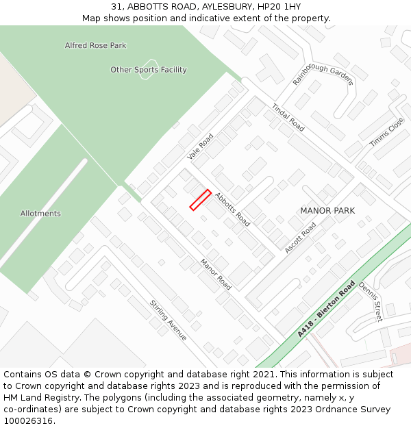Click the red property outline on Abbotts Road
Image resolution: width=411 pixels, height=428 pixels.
[200, 199]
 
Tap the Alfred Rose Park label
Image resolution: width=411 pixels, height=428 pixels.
[95, 46]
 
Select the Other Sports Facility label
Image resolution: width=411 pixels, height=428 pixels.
[149, 70]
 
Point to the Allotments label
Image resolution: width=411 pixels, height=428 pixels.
[40, 214]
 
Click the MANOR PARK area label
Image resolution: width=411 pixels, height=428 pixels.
[327, 211]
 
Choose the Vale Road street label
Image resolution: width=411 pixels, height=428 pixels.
[201, 147]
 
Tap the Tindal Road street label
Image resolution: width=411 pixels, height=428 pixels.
[288, 117]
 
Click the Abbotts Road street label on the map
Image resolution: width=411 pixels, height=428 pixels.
[232, 209]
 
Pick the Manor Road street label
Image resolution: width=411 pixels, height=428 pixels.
[216, 273]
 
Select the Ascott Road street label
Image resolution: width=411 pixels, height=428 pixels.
[300, 237]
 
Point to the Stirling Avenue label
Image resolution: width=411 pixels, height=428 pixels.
[169, 320]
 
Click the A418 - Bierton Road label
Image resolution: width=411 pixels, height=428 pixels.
[327, 308]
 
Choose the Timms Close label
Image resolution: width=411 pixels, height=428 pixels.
[387, 132]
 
